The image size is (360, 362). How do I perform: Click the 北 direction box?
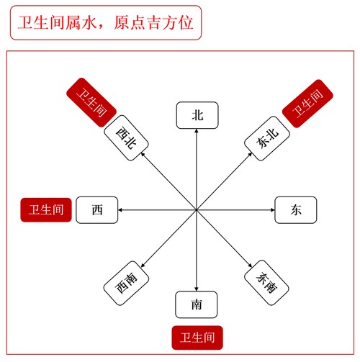click(x=197, y=115)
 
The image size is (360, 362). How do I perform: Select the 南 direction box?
click(x=197, y=304)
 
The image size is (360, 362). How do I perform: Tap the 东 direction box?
click(x=296, y=210)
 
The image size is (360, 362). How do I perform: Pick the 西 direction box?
click(x=97, y=210)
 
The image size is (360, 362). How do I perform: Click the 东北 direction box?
click(x=267, y=138)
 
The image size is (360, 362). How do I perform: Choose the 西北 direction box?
click(x=126, y=138)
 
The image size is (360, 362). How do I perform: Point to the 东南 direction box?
click(x=266, y=283)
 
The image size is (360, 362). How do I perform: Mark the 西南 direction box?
click(x=126, y=283)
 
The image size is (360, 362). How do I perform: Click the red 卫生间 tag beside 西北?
click(x=91, y=102)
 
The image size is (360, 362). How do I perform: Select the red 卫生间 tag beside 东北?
click(x=307, y=104)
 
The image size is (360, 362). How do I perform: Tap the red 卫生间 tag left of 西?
click(x=46, y=210)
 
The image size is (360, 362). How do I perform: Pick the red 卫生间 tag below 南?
click(x=197, y=338)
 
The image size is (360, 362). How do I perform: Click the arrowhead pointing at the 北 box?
click(x=197, y=131)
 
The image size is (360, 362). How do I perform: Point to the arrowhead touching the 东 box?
click(x=272, y=210)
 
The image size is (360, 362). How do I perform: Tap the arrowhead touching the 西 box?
click(x=120, y=210)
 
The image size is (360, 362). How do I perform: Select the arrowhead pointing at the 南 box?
click(x=197, y=289)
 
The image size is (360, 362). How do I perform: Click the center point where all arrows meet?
click(x=197, y=210)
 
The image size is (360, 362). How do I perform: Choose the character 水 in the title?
click(x=89, y=22)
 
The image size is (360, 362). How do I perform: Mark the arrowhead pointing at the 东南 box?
click(x=250, y=266)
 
